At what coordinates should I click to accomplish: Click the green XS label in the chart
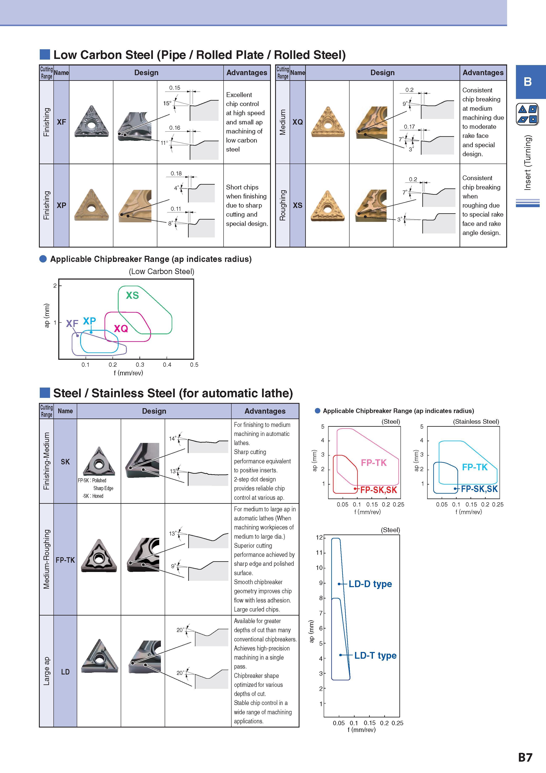point(132,295)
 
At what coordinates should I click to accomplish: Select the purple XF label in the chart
point(72,323)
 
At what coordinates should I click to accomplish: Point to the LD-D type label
point(370,584)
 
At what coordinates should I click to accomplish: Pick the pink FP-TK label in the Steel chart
point(374,462)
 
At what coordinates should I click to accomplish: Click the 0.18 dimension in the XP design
point(176,173)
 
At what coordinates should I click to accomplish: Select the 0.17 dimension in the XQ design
point(409,127)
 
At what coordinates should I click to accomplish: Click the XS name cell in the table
point(297,205)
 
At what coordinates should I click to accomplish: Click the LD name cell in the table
point(65,672)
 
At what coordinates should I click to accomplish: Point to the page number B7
point(525,757)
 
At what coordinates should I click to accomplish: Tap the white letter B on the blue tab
point(527,81)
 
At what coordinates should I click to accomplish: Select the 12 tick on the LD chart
point(319,537)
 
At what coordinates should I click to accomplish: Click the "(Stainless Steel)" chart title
point(476,421)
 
